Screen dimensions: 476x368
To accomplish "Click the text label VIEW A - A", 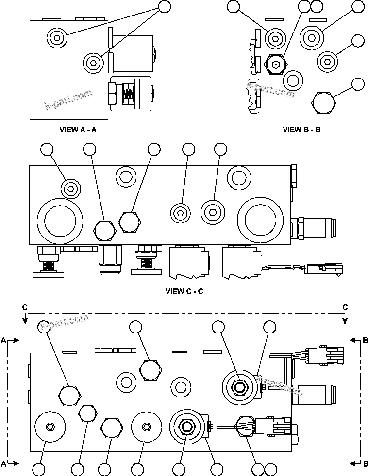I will point(78,129).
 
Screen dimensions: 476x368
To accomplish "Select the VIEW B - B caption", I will point(301,129).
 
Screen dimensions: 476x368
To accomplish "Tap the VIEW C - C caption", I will point(184,291).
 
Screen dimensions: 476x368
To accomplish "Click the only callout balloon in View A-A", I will point(165,6).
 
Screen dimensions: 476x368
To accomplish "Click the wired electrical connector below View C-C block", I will point(323,269).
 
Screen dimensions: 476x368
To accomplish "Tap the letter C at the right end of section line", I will point(345,307).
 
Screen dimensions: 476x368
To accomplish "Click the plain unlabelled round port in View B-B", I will point(293,79).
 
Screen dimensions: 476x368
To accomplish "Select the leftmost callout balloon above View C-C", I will point(47,150).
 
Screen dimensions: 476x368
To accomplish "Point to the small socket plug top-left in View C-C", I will point(71,188).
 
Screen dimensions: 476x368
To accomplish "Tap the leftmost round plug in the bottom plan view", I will point(50,426).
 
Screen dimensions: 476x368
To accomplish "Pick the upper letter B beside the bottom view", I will point(365,341).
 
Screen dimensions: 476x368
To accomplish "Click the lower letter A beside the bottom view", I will point(3,464).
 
